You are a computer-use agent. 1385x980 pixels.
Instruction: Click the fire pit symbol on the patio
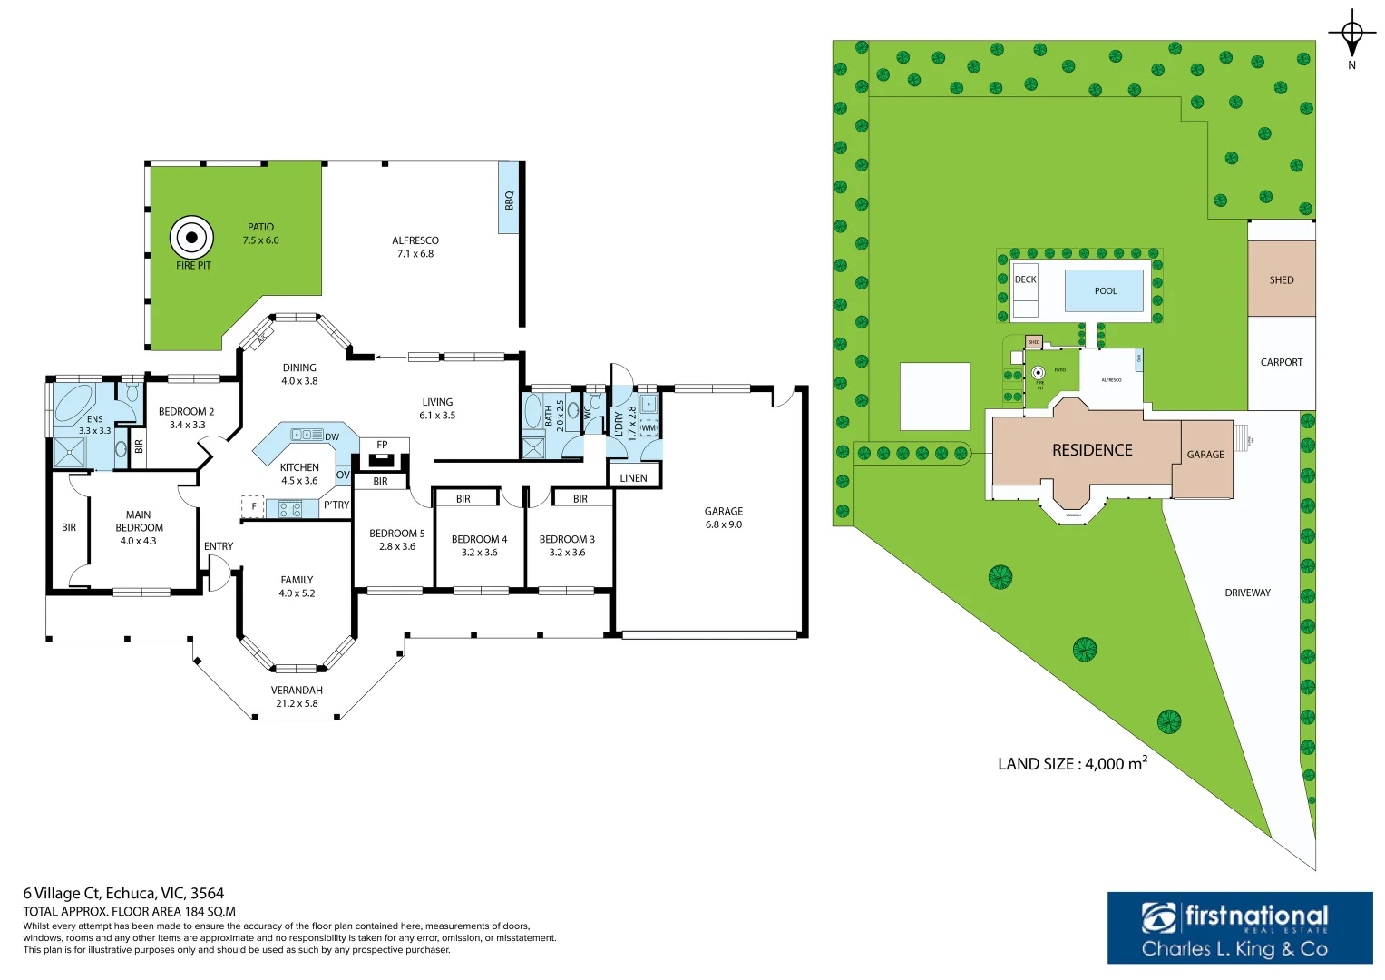(x=191, y=238)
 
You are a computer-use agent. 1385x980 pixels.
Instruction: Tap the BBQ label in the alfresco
(x=509, y=200)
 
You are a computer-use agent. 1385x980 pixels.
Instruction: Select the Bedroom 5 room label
(x=396, y=534)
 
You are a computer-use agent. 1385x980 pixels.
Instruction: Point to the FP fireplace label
(x=382, y=445)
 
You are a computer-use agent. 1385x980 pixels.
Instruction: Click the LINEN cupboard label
(x=633, y=478)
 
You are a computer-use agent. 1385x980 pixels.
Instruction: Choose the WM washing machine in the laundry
(x=648, y=427)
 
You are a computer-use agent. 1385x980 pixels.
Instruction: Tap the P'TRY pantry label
(x=336, y=505)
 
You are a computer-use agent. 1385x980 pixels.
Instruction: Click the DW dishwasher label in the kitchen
(x=332, y=436)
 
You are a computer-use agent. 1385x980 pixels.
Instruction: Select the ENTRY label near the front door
(x=219, y=546)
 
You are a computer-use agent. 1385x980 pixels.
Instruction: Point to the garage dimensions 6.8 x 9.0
(x=724, y=524)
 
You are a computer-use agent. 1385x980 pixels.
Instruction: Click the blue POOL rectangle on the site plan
(x=1105, y=290)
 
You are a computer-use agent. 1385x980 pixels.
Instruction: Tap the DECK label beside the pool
(x=1025, y=279)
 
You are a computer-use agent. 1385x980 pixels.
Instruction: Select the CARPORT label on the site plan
(x=1281, y=362)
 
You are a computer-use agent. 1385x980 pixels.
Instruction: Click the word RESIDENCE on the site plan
(x=1092, y=450)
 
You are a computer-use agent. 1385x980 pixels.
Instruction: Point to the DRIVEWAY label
(x=1247, y=593)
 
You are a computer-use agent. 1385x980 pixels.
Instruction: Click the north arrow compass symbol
(x=1351, y=36)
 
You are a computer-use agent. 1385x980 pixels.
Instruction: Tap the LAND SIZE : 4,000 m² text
(x=1072, y=764)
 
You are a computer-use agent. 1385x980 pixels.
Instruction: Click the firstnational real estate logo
(x=1239, y=927)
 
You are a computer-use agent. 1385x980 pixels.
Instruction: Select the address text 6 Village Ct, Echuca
(x=123, y=893)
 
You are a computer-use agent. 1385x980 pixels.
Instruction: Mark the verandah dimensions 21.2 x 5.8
(x=297, y=703)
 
